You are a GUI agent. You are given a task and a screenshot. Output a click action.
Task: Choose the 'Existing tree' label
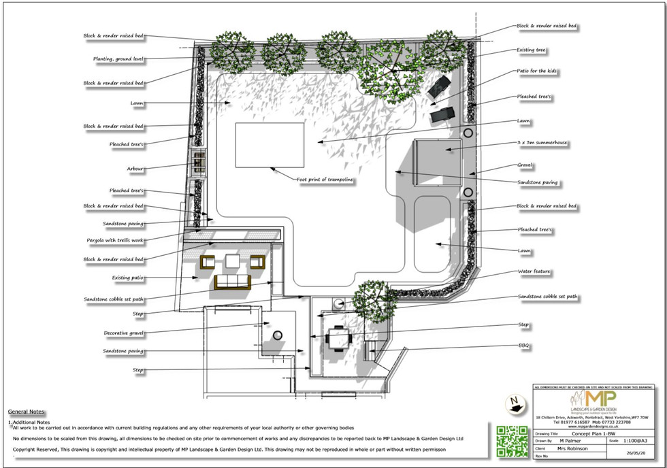coord(532,50)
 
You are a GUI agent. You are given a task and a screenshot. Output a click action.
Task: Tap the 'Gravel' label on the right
coord(524,165)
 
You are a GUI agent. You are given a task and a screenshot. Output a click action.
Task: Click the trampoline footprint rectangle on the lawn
coord(270,145)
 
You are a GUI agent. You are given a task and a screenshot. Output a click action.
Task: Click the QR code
coord(508,441)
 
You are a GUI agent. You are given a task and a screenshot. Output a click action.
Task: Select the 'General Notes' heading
coord(26,412)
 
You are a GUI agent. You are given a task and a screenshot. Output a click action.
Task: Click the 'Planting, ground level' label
coord(118,59)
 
